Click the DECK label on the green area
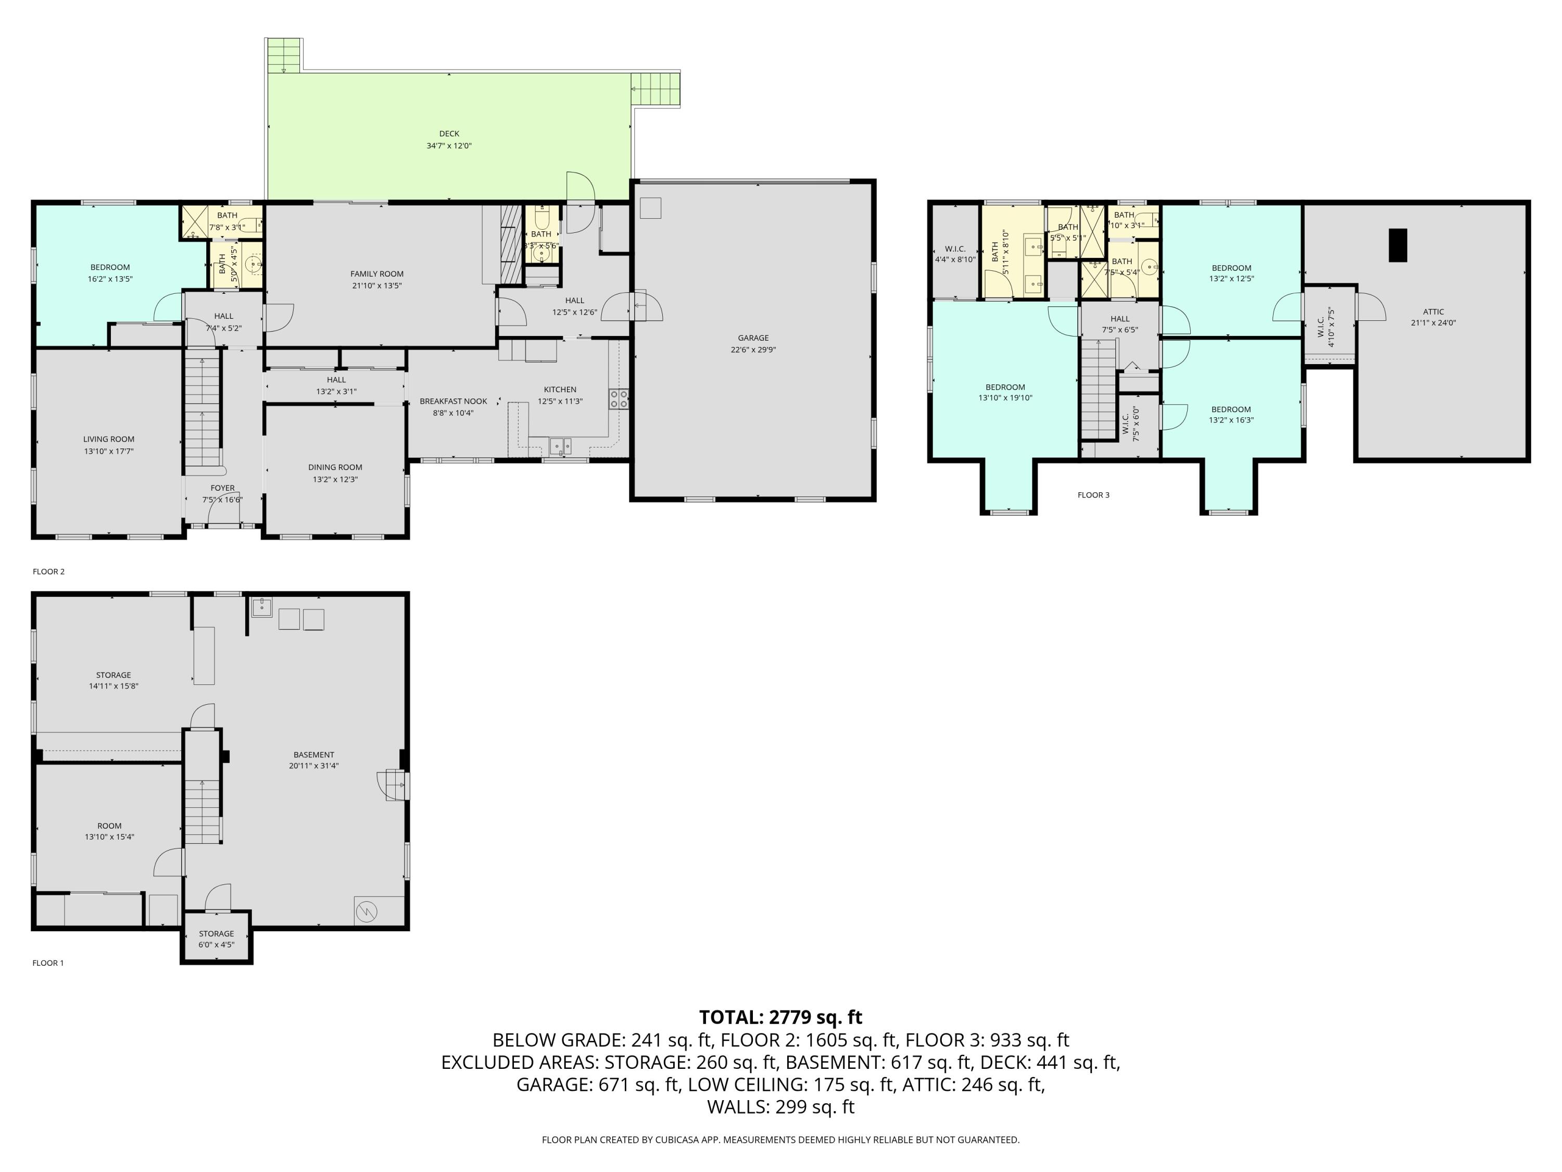[449, 133]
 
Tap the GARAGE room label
[753, 338]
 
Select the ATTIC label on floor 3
[1433, 311]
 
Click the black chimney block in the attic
[1397, 245]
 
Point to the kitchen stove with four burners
[619, 399]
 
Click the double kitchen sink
[561, 445]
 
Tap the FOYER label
[222, 488]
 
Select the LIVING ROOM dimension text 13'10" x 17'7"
[109, 451]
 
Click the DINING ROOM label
[335, 467]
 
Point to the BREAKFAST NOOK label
[454, 401]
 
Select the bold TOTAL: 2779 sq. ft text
[780, 1017]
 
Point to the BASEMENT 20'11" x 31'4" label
[313, 760]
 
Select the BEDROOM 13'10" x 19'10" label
[1005, 392]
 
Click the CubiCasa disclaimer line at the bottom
[780, 1140]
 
